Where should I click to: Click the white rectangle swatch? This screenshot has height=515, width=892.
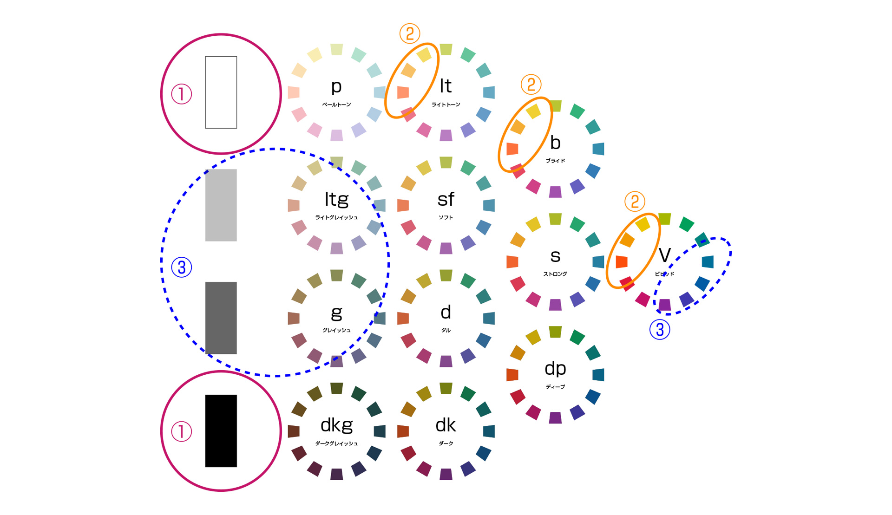point(221,92)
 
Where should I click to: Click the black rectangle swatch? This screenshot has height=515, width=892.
point(221,431)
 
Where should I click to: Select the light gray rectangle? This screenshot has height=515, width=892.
point(221,205)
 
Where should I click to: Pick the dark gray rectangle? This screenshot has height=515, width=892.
point(221,318)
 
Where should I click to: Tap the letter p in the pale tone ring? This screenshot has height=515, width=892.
point(336,87)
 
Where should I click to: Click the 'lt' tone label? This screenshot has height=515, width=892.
point(446,86)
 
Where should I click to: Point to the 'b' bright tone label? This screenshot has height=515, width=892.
point(555,143)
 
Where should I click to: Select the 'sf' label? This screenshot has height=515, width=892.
point(446,199)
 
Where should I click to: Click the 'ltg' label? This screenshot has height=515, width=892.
point(336,200)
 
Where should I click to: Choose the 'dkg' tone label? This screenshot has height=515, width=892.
point(336,425)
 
